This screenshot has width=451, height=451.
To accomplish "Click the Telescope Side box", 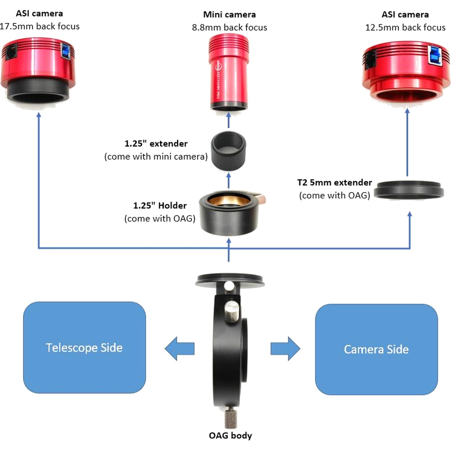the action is pos(84,347).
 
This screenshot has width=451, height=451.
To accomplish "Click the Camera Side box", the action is pos(376,349).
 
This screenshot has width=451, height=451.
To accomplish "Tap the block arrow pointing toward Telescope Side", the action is pos(179,348).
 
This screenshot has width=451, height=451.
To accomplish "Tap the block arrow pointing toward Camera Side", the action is pos(285,348).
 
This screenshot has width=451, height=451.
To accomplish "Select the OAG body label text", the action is pos(230,436).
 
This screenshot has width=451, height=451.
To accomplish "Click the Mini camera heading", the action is pos(229,14).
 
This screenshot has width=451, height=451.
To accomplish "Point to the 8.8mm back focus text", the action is pos(230,28).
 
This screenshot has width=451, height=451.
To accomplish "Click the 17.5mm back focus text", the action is pos(39,26).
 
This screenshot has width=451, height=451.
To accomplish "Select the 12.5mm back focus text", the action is pos(405,28).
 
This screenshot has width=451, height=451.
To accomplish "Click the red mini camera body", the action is pos(229,72).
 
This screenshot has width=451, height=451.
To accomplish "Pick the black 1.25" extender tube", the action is pos(229,151).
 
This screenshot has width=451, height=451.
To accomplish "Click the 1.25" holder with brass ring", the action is pos(230,212).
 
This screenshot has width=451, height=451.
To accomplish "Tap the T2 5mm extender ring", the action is pos(409,189).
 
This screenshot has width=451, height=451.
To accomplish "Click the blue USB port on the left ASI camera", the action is pos(65,51).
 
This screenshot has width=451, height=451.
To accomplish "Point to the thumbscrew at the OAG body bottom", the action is pos(230,419).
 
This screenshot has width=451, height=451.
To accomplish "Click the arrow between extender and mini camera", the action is pos(229,120).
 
